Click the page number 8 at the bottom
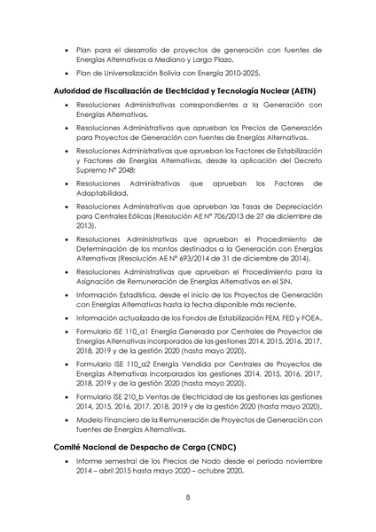coord(188,497)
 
